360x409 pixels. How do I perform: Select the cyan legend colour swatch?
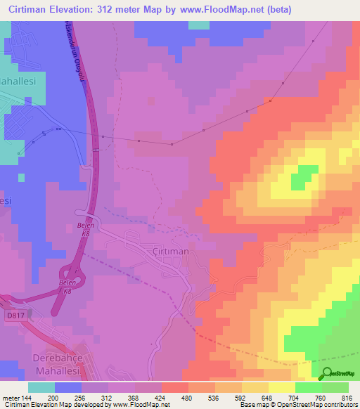point(41,387)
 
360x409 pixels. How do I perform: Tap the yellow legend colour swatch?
point(281,387)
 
